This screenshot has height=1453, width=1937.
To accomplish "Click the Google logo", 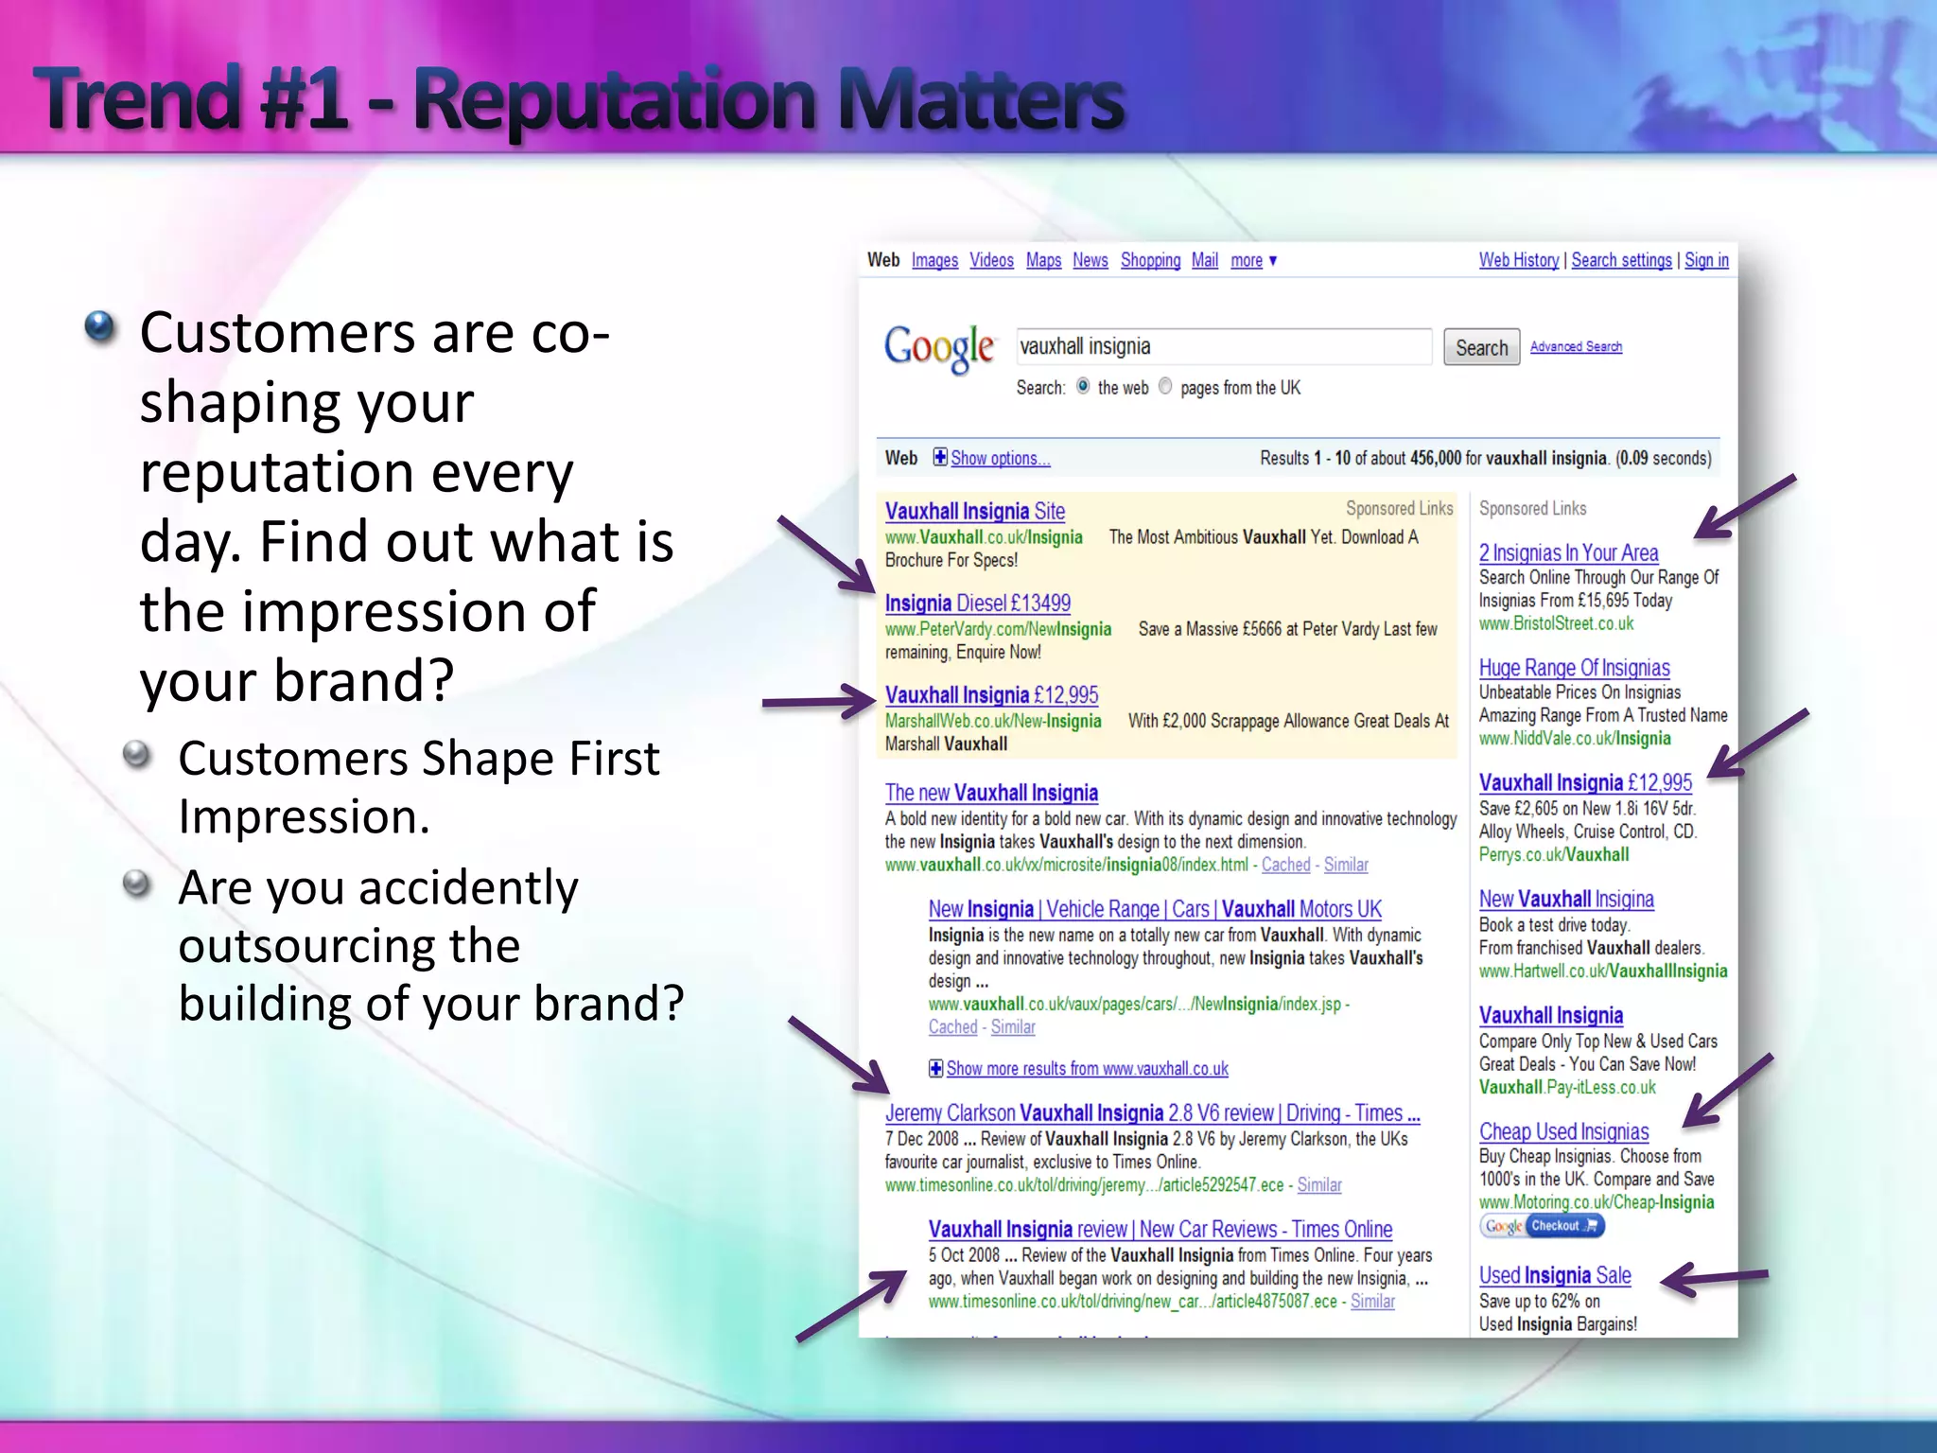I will [x=938, y=348].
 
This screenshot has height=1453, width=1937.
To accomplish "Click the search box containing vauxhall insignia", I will [x=1223, y=347].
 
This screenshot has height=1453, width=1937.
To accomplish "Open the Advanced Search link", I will [x=1576, y=347].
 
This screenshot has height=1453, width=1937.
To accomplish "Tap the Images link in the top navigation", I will [x=934, y=260].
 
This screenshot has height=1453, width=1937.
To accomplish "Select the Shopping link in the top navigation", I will [x=1150, y=260].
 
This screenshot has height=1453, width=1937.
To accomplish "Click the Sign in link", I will [x=1706, y=260].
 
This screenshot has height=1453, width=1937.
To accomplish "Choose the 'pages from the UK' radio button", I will [x=1165, y=386].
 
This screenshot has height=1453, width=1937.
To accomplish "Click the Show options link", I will [x=1000, y=459].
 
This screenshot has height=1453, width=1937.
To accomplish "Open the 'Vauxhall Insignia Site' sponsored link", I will [x=974, y=512].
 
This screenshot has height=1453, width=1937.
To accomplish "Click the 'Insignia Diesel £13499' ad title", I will [x=977, y=604].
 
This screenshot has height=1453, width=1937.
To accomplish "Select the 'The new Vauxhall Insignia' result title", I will [x=991, y=793].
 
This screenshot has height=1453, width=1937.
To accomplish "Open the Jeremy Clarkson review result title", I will [x=1152, y=1113].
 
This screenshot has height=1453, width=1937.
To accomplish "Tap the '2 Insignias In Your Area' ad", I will [x=1568, y=553].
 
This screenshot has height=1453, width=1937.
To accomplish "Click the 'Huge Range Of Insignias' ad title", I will [x=1574, y=668].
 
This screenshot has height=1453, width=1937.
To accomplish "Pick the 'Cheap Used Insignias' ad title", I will [x=1563, y=1132].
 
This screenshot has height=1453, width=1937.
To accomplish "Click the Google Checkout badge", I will [x=1542, y=1226].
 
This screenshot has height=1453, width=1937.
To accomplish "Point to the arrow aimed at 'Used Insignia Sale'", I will [x=1714, y=1279].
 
